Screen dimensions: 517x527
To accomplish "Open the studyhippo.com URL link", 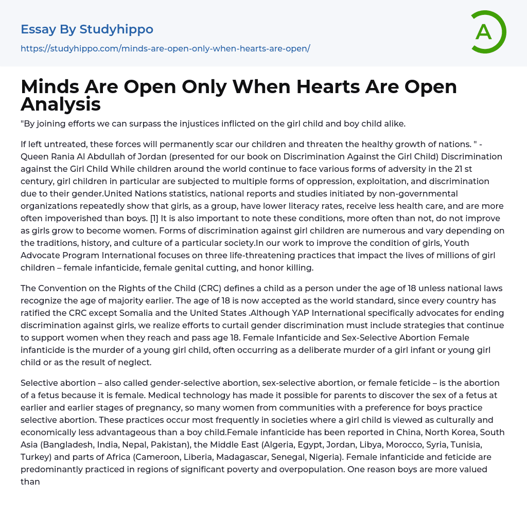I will point(165,48).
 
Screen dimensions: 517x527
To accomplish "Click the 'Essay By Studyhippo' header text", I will point(87,29).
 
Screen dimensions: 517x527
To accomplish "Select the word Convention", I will point(66,288).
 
